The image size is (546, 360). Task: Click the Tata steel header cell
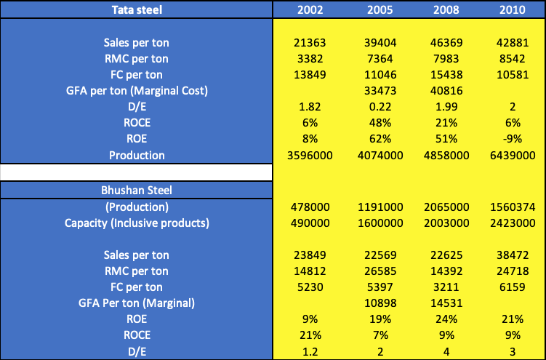coord(137,9)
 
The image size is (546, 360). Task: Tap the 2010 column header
coord(513,9)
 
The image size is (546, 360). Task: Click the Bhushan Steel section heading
coord(137,191)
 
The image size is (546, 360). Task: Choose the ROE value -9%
coord(513,139)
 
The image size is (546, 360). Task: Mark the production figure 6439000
coord(513,155)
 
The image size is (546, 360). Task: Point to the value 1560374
coord(513,207)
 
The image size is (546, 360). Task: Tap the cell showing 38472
coord(513,255)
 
